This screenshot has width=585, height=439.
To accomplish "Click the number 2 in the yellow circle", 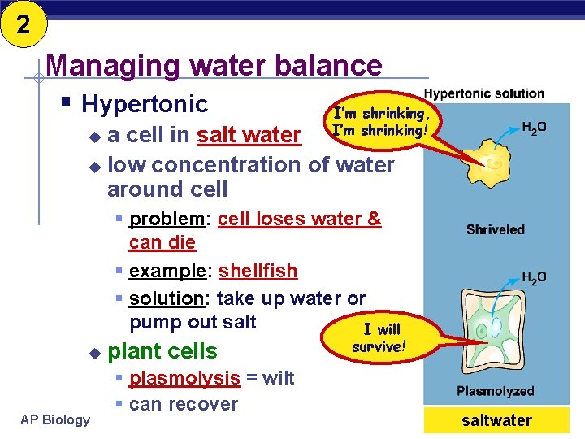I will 23,24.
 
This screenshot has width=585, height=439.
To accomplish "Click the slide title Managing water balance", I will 214,65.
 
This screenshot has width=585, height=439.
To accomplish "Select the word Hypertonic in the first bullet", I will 145,104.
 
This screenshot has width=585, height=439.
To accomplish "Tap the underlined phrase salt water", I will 249,135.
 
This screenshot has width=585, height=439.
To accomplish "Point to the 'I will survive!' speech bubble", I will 379,338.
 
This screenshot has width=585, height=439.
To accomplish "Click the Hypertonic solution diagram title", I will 484,94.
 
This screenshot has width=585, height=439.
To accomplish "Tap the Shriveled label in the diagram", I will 495,229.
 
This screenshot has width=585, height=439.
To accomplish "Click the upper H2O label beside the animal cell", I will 533,128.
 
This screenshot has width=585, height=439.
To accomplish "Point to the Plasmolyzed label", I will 495,391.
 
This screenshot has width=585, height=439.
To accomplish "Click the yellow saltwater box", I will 496,420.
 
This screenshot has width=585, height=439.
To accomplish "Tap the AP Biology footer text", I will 56,419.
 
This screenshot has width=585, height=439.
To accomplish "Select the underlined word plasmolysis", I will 184,378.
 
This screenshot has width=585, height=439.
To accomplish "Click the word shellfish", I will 258,271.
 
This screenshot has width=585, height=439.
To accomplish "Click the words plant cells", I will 162,351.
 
